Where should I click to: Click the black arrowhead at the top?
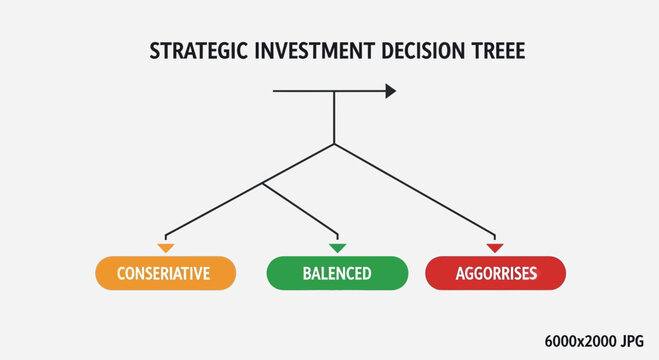point(390,91)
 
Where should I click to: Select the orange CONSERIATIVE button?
point(165,273)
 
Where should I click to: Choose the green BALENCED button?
point(337,273)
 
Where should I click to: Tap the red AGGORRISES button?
point(496,273)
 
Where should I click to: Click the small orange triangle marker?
point(166,247)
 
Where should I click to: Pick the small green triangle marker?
point(337,247)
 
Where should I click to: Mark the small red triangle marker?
point(494,247)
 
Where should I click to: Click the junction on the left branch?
point(263,183)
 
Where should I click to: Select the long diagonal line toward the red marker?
point(415,188)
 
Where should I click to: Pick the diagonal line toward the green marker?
point(300,207)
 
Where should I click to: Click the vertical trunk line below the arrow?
point(334,118)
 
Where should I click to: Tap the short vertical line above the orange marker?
point(166,235)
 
